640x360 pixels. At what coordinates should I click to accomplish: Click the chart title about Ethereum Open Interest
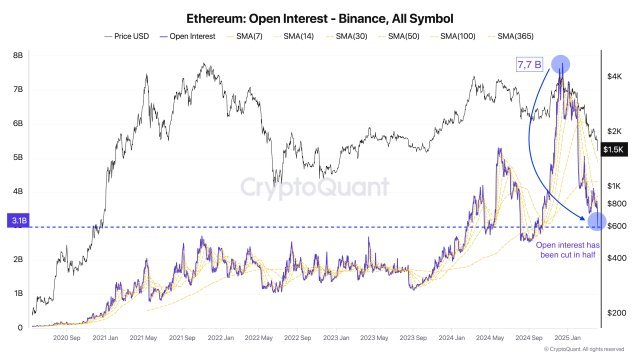(x=319, y=18)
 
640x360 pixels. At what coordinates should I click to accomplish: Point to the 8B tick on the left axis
(x=17, y=56)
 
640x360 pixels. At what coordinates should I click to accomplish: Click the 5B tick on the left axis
(x=17, y=158)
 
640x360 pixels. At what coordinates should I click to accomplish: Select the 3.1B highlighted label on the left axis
(x=17, y=220)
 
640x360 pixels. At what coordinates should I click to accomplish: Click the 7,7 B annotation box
(x=528, y=65)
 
